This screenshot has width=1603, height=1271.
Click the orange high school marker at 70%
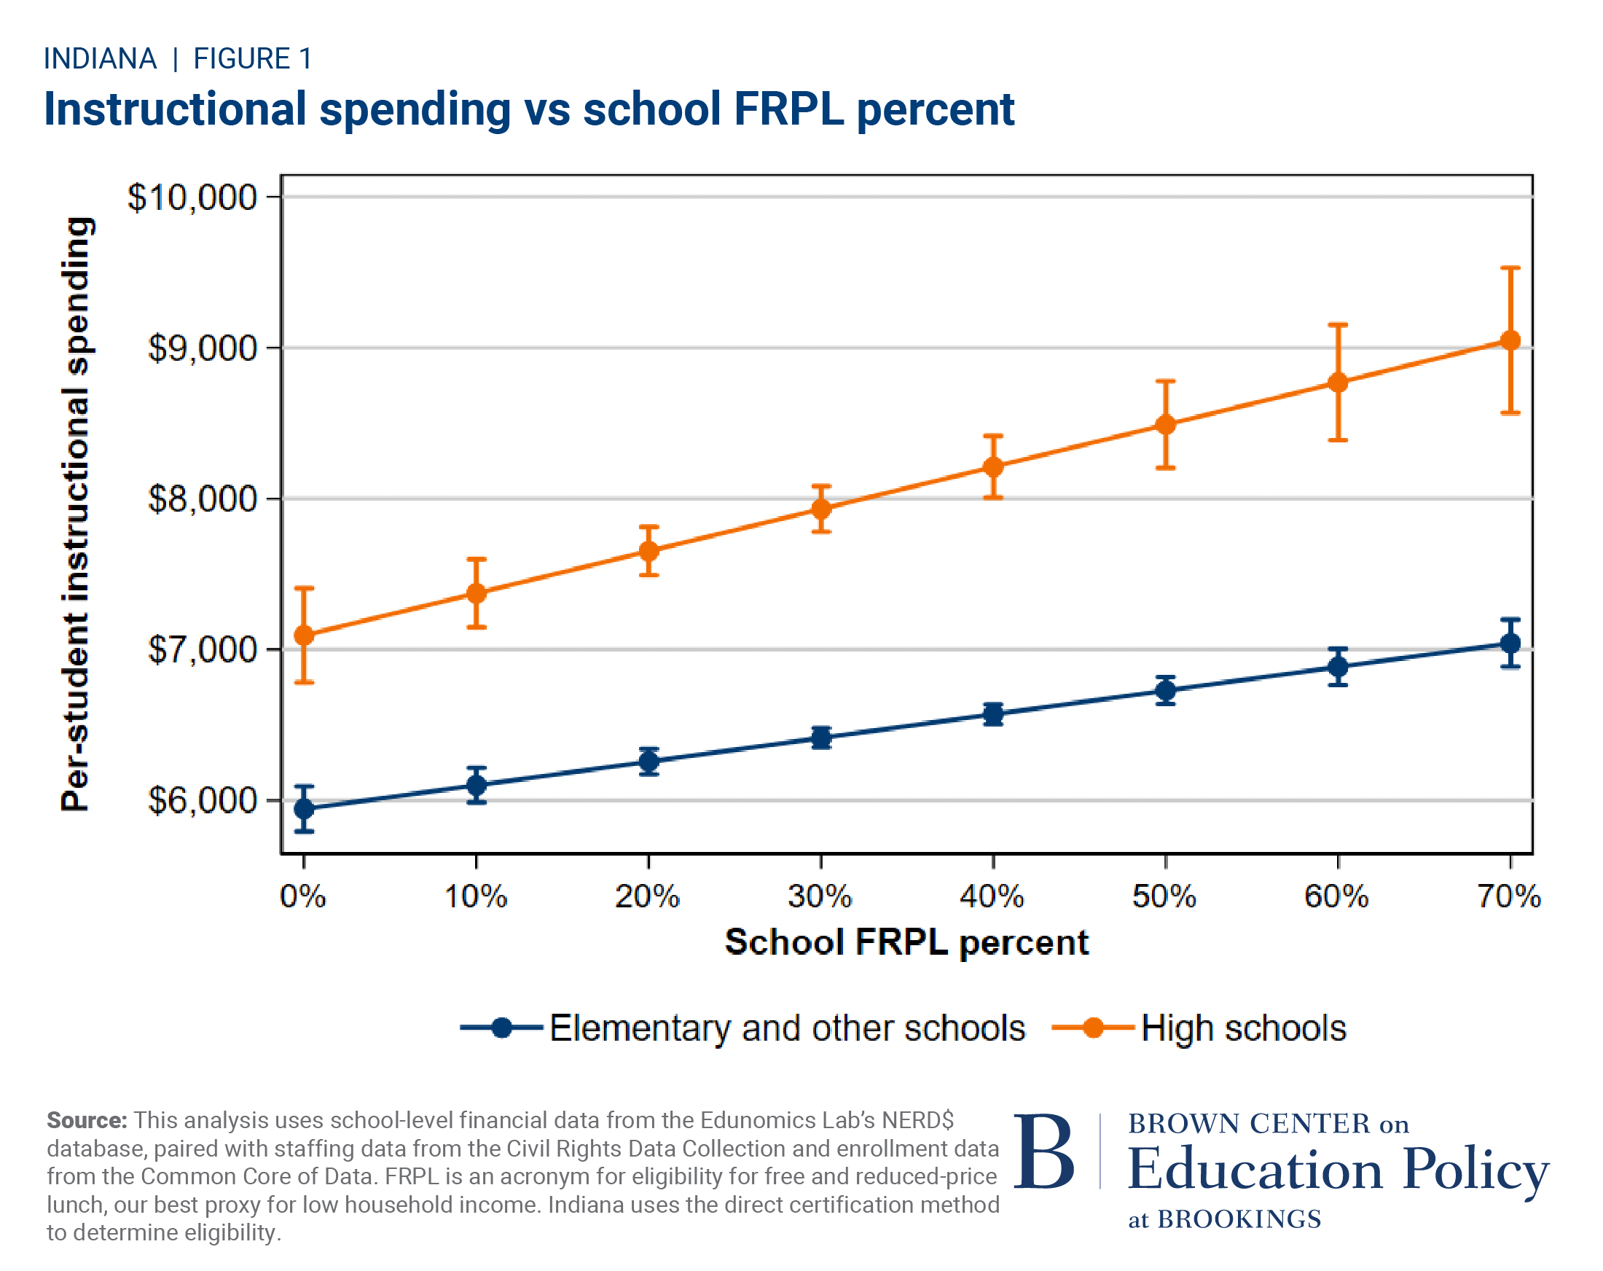[x=1510, y=340]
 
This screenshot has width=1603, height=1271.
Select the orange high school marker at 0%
[x=304, y=635]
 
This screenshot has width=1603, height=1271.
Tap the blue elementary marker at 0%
[x=304, y=808]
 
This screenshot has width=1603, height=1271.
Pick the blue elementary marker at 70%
[x=1510, y=644]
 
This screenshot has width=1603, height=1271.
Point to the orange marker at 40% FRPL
[x=993, y=467]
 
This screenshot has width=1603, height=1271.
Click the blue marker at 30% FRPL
[x=821, y=738]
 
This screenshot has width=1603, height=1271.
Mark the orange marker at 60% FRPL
[x=1338, y=383]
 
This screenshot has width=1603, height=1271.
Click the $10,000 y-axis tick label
[x=192, y=198]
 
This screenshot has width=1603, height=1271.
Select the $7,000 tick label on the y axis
[x=203, y=650]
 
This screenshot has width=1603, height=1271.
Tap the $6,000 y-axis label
[x=203, y=801]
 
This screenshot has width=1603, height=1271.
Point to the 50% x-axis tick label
[x=1164, y=897]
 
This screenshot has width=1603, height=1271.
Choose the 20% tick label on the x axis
[x=648, y=897]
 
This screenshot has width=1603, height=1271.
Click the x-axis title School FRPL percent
[x=906, y=942]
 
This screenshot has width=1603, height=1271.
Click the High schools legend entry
[x=1243, y=1028]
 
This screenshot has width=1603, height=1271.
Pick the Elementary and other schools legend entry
[x=787, y=1028]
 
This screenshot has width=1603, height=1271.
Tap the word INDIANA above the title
[x=101, y=59]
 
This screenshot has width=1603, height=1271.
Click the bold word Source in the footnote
[x=87, y=1120]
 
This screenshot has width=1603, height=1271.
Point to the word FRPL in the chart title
[x=789, y=109]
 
